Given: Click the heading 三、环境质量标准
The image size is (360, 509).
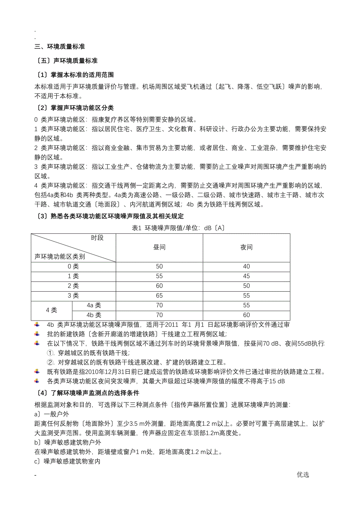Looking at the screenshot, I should pos(59,47).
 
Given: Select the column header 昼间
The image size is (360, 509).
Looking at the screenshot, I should pos(159,247).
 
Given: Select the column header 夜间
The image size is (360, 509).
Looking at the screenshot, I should pos(246,247).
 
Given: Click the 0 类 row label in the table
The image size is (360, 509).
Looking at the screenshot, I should pos(73,267).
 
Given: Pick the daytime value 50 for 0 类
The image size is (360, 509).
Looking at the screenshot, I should pos(159,267).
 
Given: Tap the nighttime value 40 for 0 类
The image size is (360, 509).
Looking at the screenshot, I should pos(246,267).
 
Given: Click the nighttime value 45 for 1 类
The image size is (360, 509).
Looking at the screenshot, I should pos(246,276).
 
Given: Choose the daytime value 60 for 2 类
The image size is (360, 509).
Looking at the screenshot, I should pos(159,286).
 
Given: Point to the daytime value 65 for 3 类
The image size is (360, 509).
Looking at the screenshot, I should pos(159,296).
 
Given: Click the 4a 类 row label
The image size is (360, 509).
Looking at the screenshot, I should pos(94,306).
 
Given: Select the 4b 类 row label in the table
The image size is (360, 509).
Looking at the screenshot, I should pos(94,315).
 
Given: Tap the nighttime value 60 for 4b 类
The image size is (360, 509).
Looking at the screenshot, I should pos(246,315).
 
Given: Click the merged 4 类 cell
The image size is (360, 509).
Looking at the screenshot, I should pos(52,310).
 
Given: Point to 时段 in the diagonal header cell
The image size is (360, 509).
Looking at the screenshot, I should pos(97,238).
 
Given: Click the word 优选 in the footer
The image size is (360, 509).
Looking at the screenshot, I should pos(303,475).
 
